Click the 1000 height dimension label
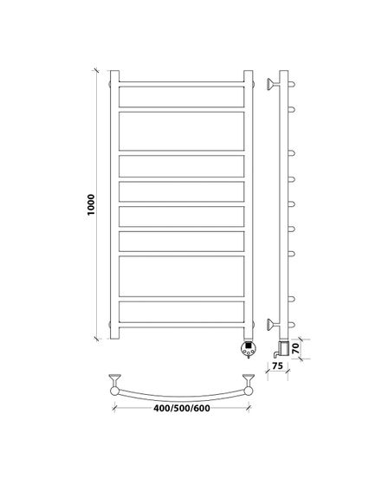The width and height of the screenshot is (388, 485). point(91,204)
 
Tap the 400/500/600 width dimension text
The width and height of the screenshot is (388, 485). point(182,408)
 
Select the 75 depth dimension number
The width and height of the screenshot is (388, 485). point(277,365)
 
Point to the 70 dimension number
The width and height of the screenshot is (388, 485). point(296,348)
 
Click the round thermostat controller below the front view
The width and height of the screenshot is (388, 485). point(249,348)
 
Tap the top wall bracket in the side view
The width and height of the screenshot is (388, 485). point(273,84)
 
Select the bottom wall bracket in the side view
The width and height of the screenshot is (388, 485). point(273,325)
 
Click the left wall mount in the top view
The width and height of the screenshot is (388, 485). point(114,380)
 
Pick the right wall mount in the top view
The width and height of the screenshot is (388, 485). point(249,380)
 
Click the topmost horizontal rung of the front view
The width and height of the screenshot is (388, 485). point(182,84)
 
